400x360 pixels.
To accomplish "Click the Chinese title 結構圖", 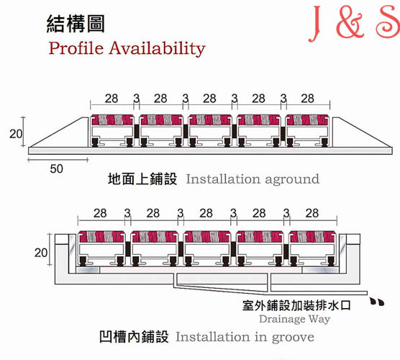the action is coord(76,24).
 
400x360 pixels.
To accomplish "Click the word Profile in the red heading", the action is coord(76,48).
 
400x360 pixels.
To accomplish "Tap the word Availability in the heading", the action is coord(158,49).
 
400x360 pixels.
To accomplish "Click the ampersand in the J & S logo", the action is coord(350,23).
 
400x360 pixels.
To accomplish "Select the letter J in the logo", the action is coord(315,24).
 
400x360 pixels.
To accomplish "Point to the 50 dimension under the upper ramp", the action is coord(56,169).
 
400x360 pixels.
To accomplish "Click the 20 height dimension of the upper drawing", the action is coord(16,134).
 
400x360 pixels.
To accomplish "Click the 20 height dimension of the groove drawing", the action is coord(41,253).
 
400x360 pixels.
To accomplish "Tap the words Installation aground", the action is coord(253,179).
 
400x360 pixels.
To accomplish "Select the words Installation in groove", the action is coord(245,337).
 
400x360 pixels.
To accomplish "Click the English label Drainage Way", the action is coord(295,319).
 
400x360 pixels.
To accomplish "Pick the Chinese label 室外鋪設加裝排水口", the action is coord(296,305).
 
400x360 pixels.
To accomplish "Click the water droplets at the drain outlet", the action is coord(377,302).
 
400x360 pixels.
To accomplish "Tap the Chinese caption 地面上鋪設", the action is coord(142,179).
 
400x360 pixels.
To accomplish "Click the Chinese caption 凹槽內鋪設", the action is coord(134,336).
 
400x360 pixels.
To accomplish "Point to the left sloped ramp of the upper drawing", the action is coord(59,133).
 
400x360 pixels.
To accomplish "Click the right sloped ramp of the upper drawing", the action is coord(363,133).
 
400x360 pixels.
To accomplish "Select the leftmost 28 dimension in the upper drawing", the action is coord(112,99).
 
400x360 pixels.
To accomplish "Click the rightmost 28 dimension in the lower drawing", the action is coord(312,213).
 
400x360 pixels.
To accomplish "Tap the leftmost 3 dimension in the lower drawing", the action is coord(127,213).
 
